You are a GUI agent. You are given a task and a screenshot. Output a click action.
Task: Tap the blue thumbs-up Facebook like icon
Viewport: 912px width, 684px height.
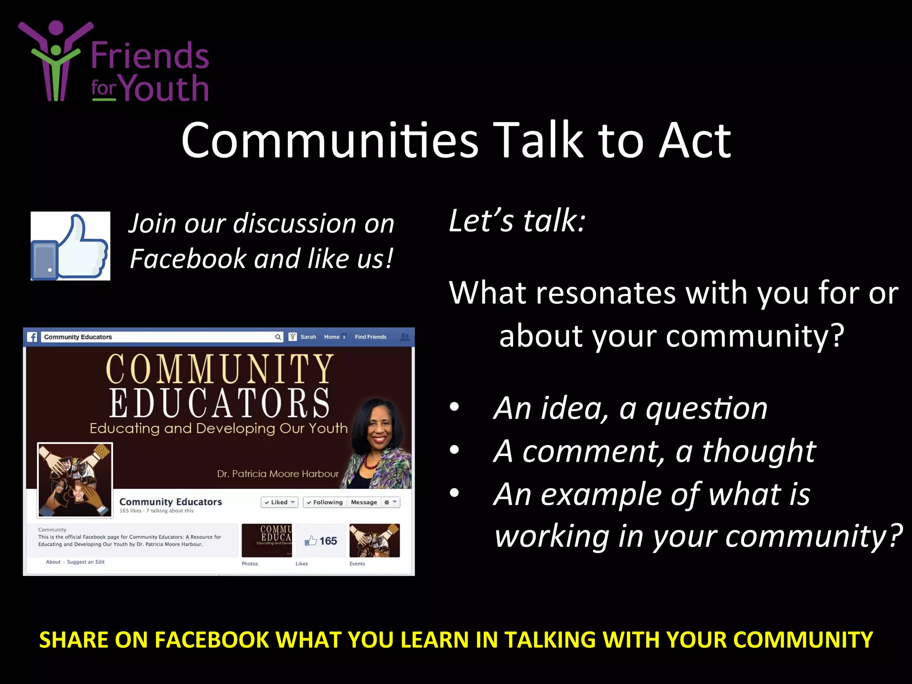[x=70, y=246]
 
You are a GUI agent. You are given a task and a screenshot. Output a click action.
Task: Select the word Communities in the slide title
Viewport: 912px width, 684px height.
[x=330, y=140]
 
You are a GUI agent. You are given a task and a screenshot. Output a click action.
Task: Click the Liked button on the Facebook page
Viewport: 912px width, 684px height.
[x=279, y=502]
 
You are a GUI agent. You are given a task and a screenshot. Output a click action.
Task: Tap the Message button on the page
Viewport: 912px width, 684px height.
[x=364, y=502]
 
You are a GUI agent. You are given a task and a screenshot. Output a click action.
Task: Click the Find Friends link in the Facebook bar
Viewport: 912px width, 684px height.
[x=370, y=337]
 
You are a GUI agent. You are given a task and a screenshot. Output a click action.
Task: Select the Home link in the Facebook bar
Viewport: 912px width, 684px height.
[x=332, y=337]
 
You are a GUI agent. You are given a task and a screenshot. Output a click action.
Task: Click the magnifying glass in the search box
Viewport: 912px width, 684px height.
[x=278, y=337]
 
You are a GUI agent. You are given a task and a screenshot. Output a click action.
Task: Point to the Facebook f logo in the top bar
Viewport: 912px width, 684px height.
[x=33, y=337]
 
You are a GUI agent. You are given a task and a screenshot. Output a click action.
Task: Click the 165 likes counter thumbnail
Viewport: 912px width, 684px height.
[x=321, y=541]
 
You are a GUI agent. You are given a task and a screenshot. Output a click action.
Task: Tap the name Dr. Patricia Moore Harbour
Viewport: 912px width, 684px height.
[x=278, y=474]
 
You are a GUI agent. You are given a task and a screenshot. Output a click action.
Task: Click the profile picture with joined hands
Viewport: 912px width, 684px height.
[x=75, y=480]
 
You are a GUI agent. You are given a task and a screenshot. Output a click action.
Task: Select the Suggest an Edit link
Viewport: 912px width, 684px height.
[x=85, y=562]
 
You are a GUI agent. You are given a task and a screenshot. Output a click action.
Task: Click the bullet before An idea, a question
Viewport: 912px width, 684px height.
[x=454, y=407]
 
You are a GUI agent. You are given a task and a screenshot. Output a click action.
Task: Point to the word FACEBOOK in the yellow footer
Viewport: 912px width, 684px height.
[x=212, y=640]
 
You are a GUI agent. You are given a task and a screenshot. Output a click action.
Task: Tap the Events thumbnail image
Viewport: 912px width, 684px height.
[x=375, y=541]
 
